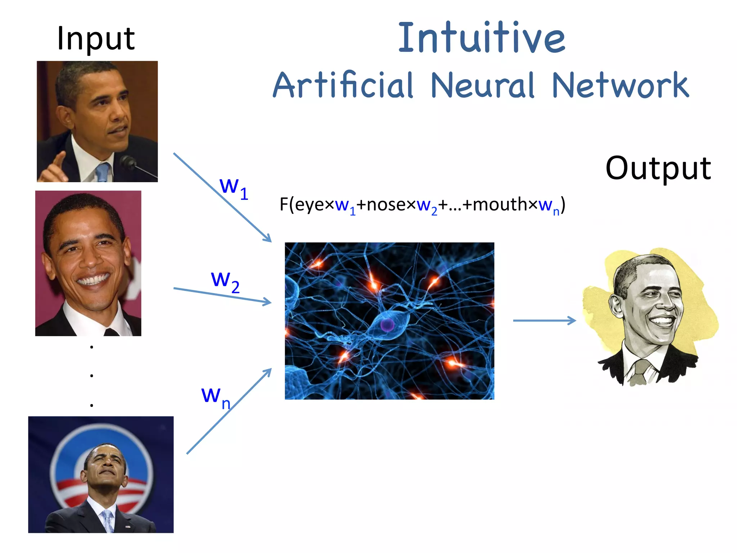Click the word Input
click(x=96, y=39)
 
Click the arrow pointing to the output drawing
click(x=544, y=320)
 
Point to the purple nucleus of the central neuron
click(x=388, y=325)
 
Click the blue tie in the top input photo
click(x=103, y=172)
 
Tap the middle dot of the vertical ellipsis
click(x=92, y=376)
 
